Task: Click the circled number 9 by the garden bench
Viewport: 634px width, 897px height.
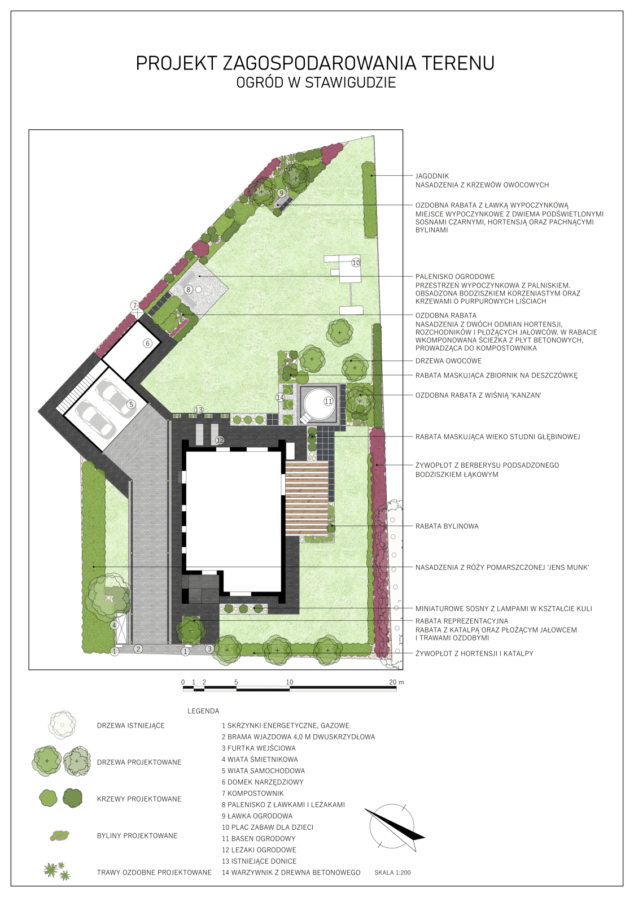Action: click(x=281, y=193)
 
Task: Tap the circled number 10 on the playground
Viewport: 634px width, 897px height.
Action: click(x=356, y=263)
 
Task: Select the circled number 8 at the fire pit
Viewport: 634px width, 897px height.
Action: click(x=188, y=289)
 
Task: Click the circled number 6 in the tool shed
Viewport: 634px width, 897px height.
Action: click(x=148, y=343)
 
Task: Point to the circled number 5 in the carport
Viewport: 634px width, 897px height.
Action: click(x=131, y=404)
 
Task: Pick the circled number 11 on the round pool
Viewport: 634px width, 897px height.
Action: click(x=328, y=401)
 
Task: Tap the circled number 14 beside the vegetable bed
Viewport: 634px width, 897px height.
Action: click(x=280, y=397)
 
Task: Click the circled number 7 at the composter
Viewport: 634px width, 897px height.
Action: click(x=135, y=305)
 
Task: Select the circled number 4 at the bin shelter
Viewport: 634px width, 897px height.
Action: click(x=114, y=625)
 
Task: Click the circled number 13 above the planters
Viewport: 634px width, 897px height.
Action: click(x=199, y=410)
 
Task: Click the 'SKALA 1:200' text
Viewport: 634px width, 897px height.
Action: click(x=392, y=881)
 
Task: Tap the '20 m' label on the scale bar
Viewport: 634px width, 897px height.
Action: click(x=396, y=682)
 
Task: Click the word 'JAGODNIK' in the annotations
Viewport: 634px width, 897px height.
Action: click(x=432, y=176)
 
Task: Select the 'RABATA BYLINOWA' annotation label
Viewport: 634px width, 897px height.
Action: click(x=447, y=526)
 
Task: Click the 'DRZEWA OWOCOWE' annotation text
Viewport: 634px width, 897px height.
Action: click(x=448, y=361)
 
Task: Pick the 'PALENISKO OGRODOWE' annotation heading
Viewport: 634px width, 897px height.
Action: click(x=454, y=276)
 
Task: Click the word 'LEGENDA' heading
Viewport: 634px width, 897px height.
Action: click(x=203, y=711)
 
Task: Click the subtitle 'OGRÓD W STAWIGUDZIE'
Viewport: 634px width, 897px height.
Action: click(x=316, y=82)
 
